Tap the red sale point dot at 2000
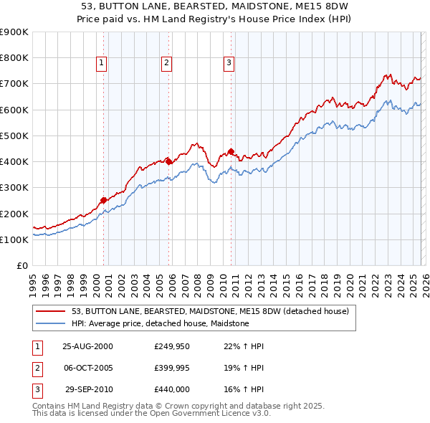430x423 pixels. pyautogui.click(x=104, y=200)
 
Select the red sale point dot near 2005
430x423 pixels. pyautogui.click(x=169, y=161)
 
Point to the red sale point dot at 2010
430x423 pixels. pyautogui.click(x=231, y=151)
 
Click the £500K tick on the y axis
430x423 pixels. pyautogui.click(x=14, y=136)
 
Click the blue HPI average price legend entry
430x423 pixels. pyautogui.click(x=160, y=324)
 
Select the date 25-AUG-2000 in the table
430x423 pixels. pyautogui.click(x=87, y=346)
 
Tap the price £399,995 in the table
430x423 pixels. pyautogui.click(x=171, y=368)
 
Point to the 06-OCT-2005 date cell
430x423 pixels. pyautogui.click(x=87, y=368)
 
